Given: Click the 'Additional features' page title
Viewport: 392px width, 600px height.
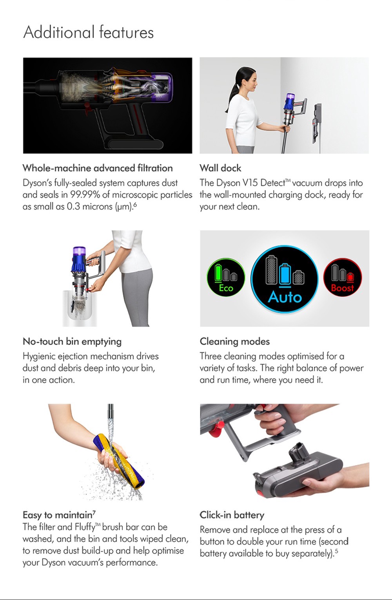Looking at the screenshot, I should coord(89,32).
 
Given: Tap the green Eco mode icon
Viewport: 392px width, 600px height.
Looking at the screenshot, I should coord(226,277).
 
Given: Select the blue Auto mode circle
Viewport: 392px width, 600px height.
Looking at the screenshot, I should coord(285,279).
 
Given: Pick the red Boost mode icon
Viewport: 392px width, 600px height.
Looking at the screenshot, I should coord(343,277).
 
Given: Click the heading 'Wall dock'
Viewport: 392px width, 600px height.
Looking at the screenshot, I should coord(220,168).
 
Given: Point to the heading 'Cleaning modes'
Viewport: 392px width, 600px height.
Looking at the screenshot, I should coord(234,341).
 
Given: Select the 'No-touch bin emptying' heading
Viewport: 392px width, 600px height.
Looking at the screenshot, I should coord(72,341).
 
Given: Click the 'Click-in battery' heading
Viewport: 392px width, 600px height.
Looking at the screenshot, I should coord(232,515).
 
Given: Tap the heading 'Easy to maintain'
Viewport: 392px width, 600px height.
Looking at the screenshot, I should coord(57,515).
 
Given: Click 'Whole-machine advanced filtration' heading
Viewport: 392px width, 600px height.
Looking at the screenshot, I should coord(98,168).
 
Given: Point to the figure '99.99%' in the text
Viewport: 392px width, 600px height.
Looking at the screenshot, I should coord(85,195).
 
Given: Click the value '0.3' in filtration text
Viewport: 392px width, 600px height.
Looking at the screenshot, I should coord(73,207).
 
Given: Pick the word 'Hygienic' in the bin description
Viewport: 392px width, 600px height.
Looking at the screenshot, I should coord(39,357).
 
